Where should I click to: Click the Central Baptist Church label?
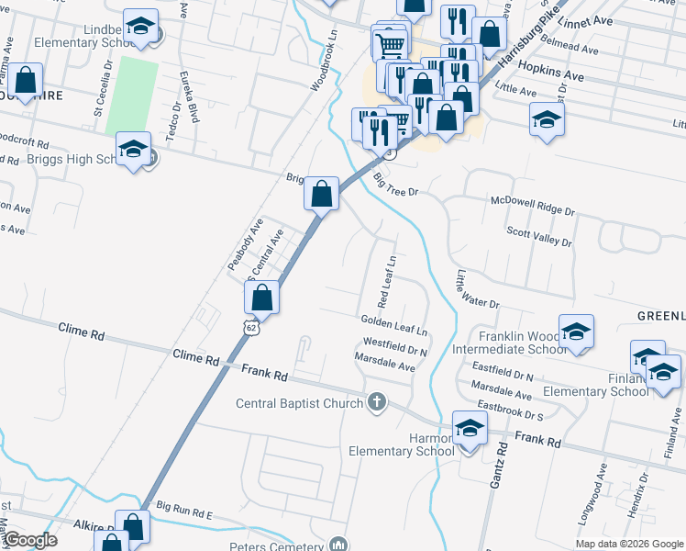pyautogui.click(x=300, y=403)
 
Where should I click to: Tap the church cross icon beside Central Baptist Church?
pyautogui.click(x=376, y=402)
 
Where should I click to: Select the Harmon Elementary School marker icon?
pyautogui.click(x=470, y=429)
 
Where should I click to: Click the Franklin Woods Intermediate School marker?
pyautogui.click(x=576, y=332)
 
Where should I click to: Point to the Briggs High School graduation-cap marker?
pyautogui.click(x=133, y=150)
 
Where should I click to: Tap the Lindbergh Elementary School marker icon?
pyautogui.click(x=140, y=28)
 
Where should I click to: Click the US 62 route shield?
pyautogui.click(x=250, y=327)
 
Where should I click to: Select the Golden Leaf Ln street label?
pyautogui.click(x=394, y=322)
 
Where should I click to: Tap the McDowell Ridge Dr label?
pyautogui.click(x=533, y=205)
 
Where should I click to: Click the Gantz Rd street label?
pyautogui.click(x=502, y=463)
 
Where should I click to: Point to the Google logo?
pyautogui.click(x=30, y=540)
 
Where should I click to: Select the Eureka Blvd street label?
pyautogui.click(x=190, y=96)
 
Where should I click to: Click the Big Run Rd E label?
pyautogui.click(x=184, y=511)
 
